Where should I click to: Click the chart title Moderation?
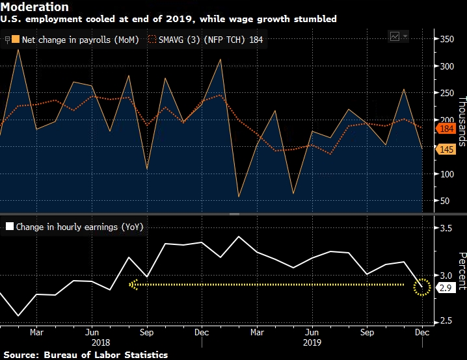[x=34, y=7]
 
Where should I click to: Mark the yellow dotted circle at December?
[x=422, y=287]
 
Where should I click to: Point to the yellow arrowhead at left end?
[x=134, y=285]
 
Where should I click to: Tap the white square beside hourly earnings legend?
[x=10, y=227]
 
